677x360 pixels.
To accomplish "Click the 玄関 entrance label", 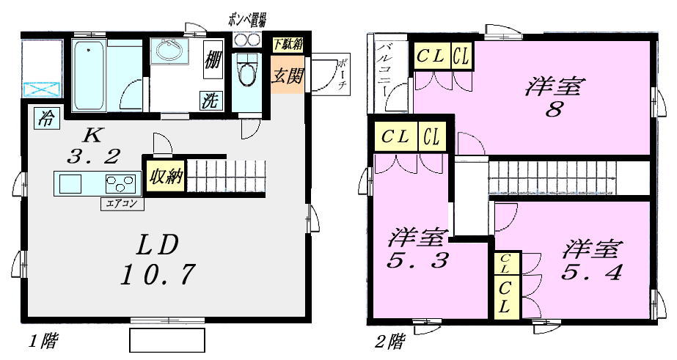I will click(x=287, y=76).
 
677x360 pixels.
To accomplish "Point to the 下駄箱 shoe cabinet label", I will click(x=287, y=44).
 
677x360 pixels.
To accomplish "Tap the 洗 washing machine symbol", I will click(x=210, y=100).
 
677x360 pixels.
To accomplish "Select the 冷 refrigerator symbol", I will click(x=46, y=118).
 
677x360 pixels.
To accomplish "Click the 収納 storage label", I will click(x=166, y=177).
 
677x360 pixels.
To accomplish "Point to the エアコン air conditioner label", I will click(x=122, y=205).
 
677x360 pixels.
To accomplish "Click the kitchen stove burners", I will click(x=121, y=183).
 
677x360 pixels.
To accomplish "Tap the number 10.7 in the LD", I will click(x=158, y=274).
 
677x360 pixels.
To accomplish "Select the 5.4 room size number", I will click(x=593, y=273).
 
